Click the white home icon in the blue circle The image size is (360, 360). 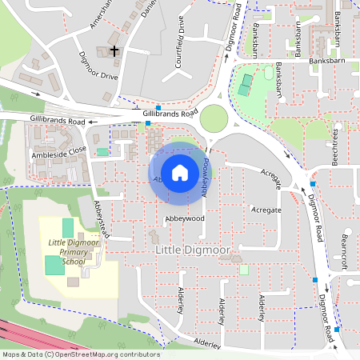(180, 172)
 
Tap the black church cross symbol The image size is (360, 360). (114, 51)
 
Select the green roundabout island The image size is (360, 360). (214, 118)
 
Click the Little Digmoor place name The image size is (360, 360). (192, 251)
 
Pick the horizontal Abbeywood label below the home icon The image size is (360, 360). (185, 218)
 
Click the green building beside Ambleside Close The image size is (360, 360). (102, 151)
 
